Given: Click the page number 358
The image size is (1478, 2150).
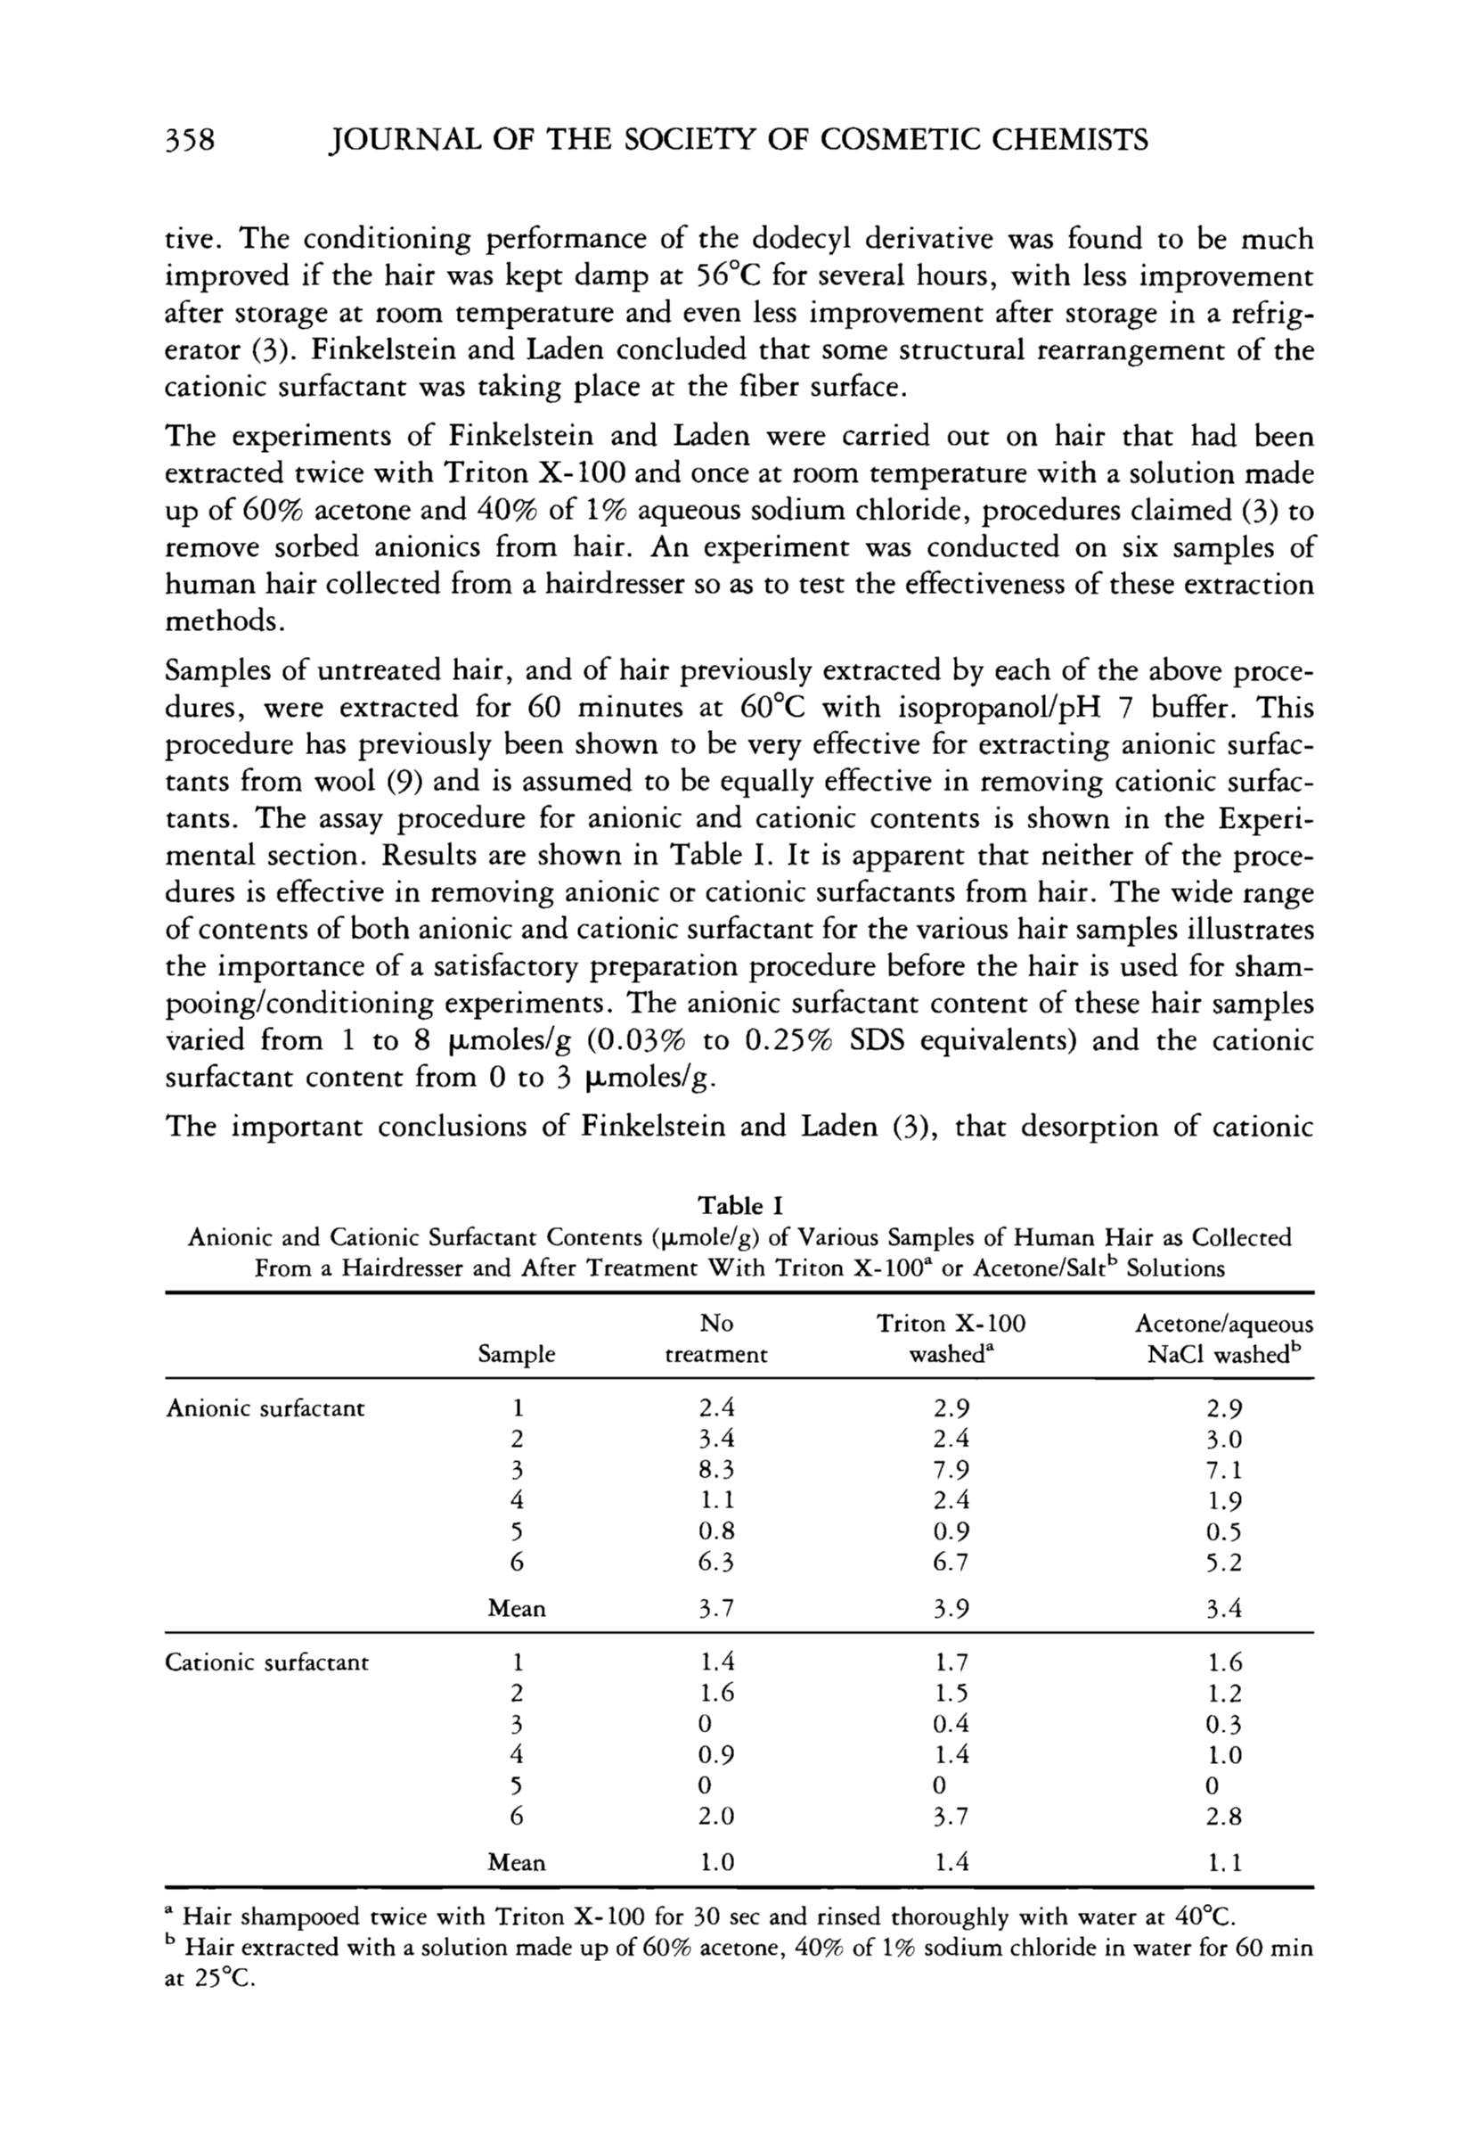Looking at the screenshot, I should click(190, 141).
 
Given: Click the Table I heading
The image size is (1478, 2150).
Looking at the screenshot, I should click(740, 1206).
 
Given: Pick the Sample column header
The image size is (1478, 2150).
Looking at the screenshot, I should click(516, 1354).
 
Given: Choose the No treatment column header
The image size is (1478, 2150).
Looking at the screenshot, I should click(717, 1339).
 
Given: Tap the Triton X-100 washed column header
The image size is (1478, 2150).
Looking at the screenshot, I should click(951, 1339).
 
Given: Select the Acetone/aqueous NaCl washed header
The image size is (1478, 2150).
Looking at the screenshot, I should click(1223, 1339).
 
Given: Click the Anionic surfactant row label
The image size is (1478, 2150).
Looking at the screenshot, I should click(265, 1409).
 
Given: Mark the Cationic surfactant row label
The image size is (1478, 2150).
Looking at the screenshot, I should click(266, 1662).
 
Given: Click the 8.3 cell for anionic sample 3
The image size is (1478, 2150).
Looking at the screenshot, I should click(717, 1470).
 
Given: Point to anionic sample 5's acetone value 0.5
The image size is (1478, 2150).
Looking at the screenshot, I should click(1224, 1532).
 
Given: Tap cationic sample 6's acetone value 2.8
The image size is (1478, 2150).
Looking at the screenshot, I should click(1224, 1817).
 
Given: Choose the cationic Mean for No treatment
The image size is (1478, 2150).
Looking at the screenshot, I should click(717, 1862).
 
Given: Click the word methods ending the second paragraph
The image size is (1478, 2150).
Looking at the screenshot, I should click(221, 621).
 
